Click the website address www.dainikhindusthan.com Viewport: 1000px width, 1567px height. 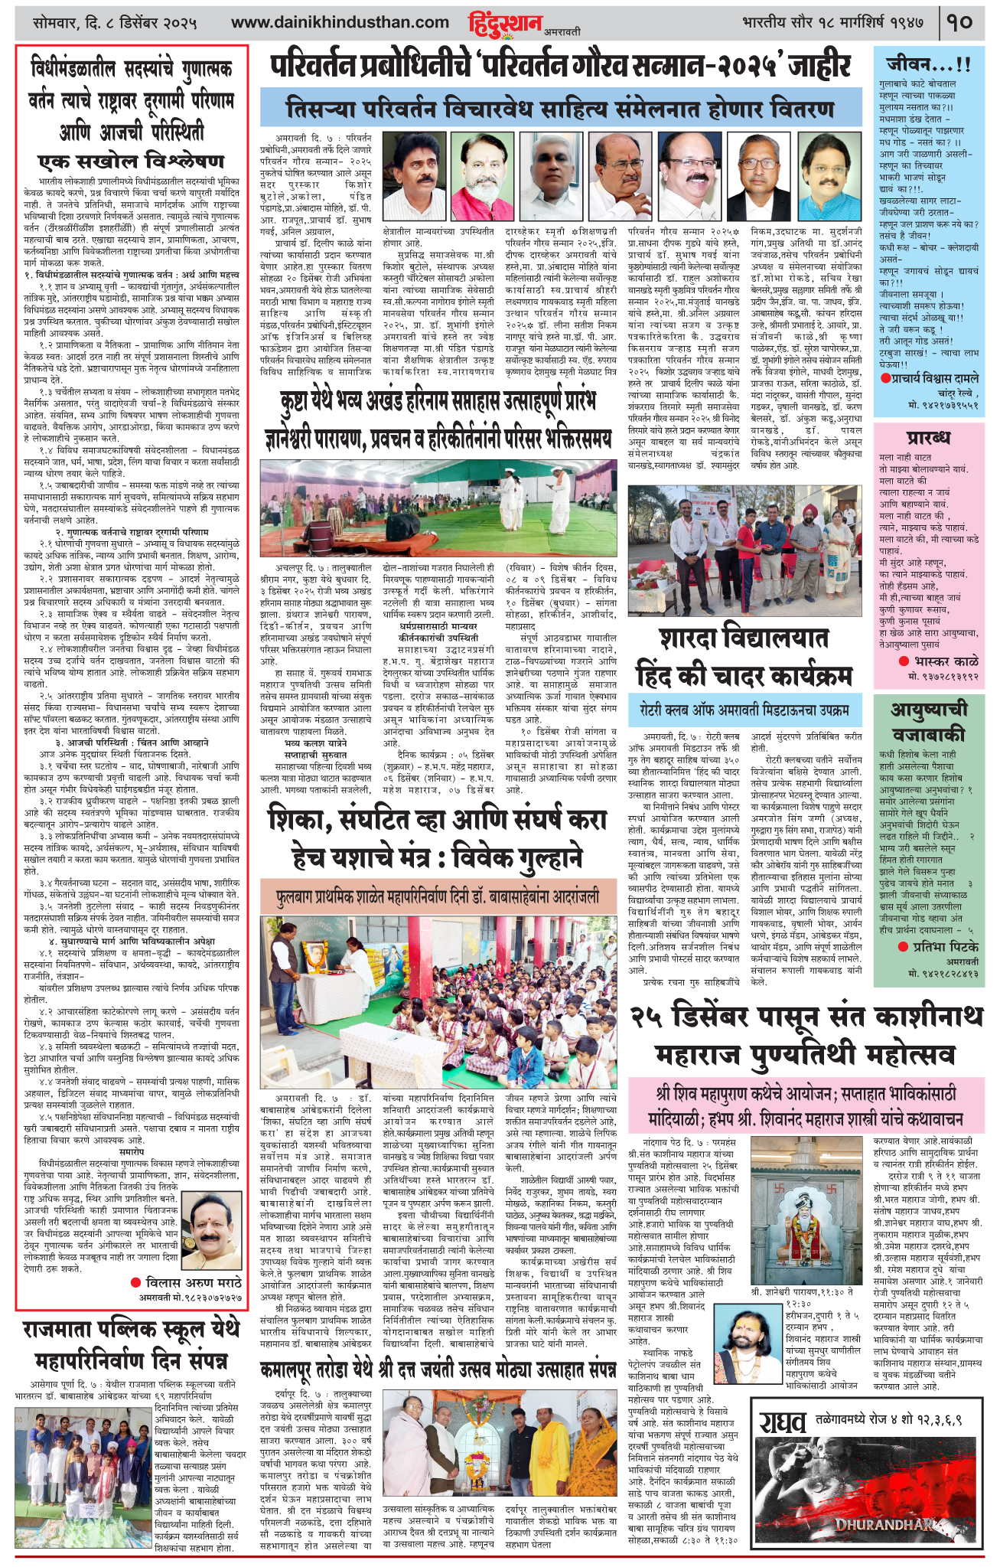340,23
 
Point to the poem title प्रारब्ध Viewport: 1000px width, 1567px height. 928,438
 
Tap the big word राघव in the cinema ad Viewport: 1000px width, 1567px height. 782,1422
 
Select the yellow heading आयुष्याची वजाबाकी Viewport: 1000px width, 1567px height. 928,723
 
